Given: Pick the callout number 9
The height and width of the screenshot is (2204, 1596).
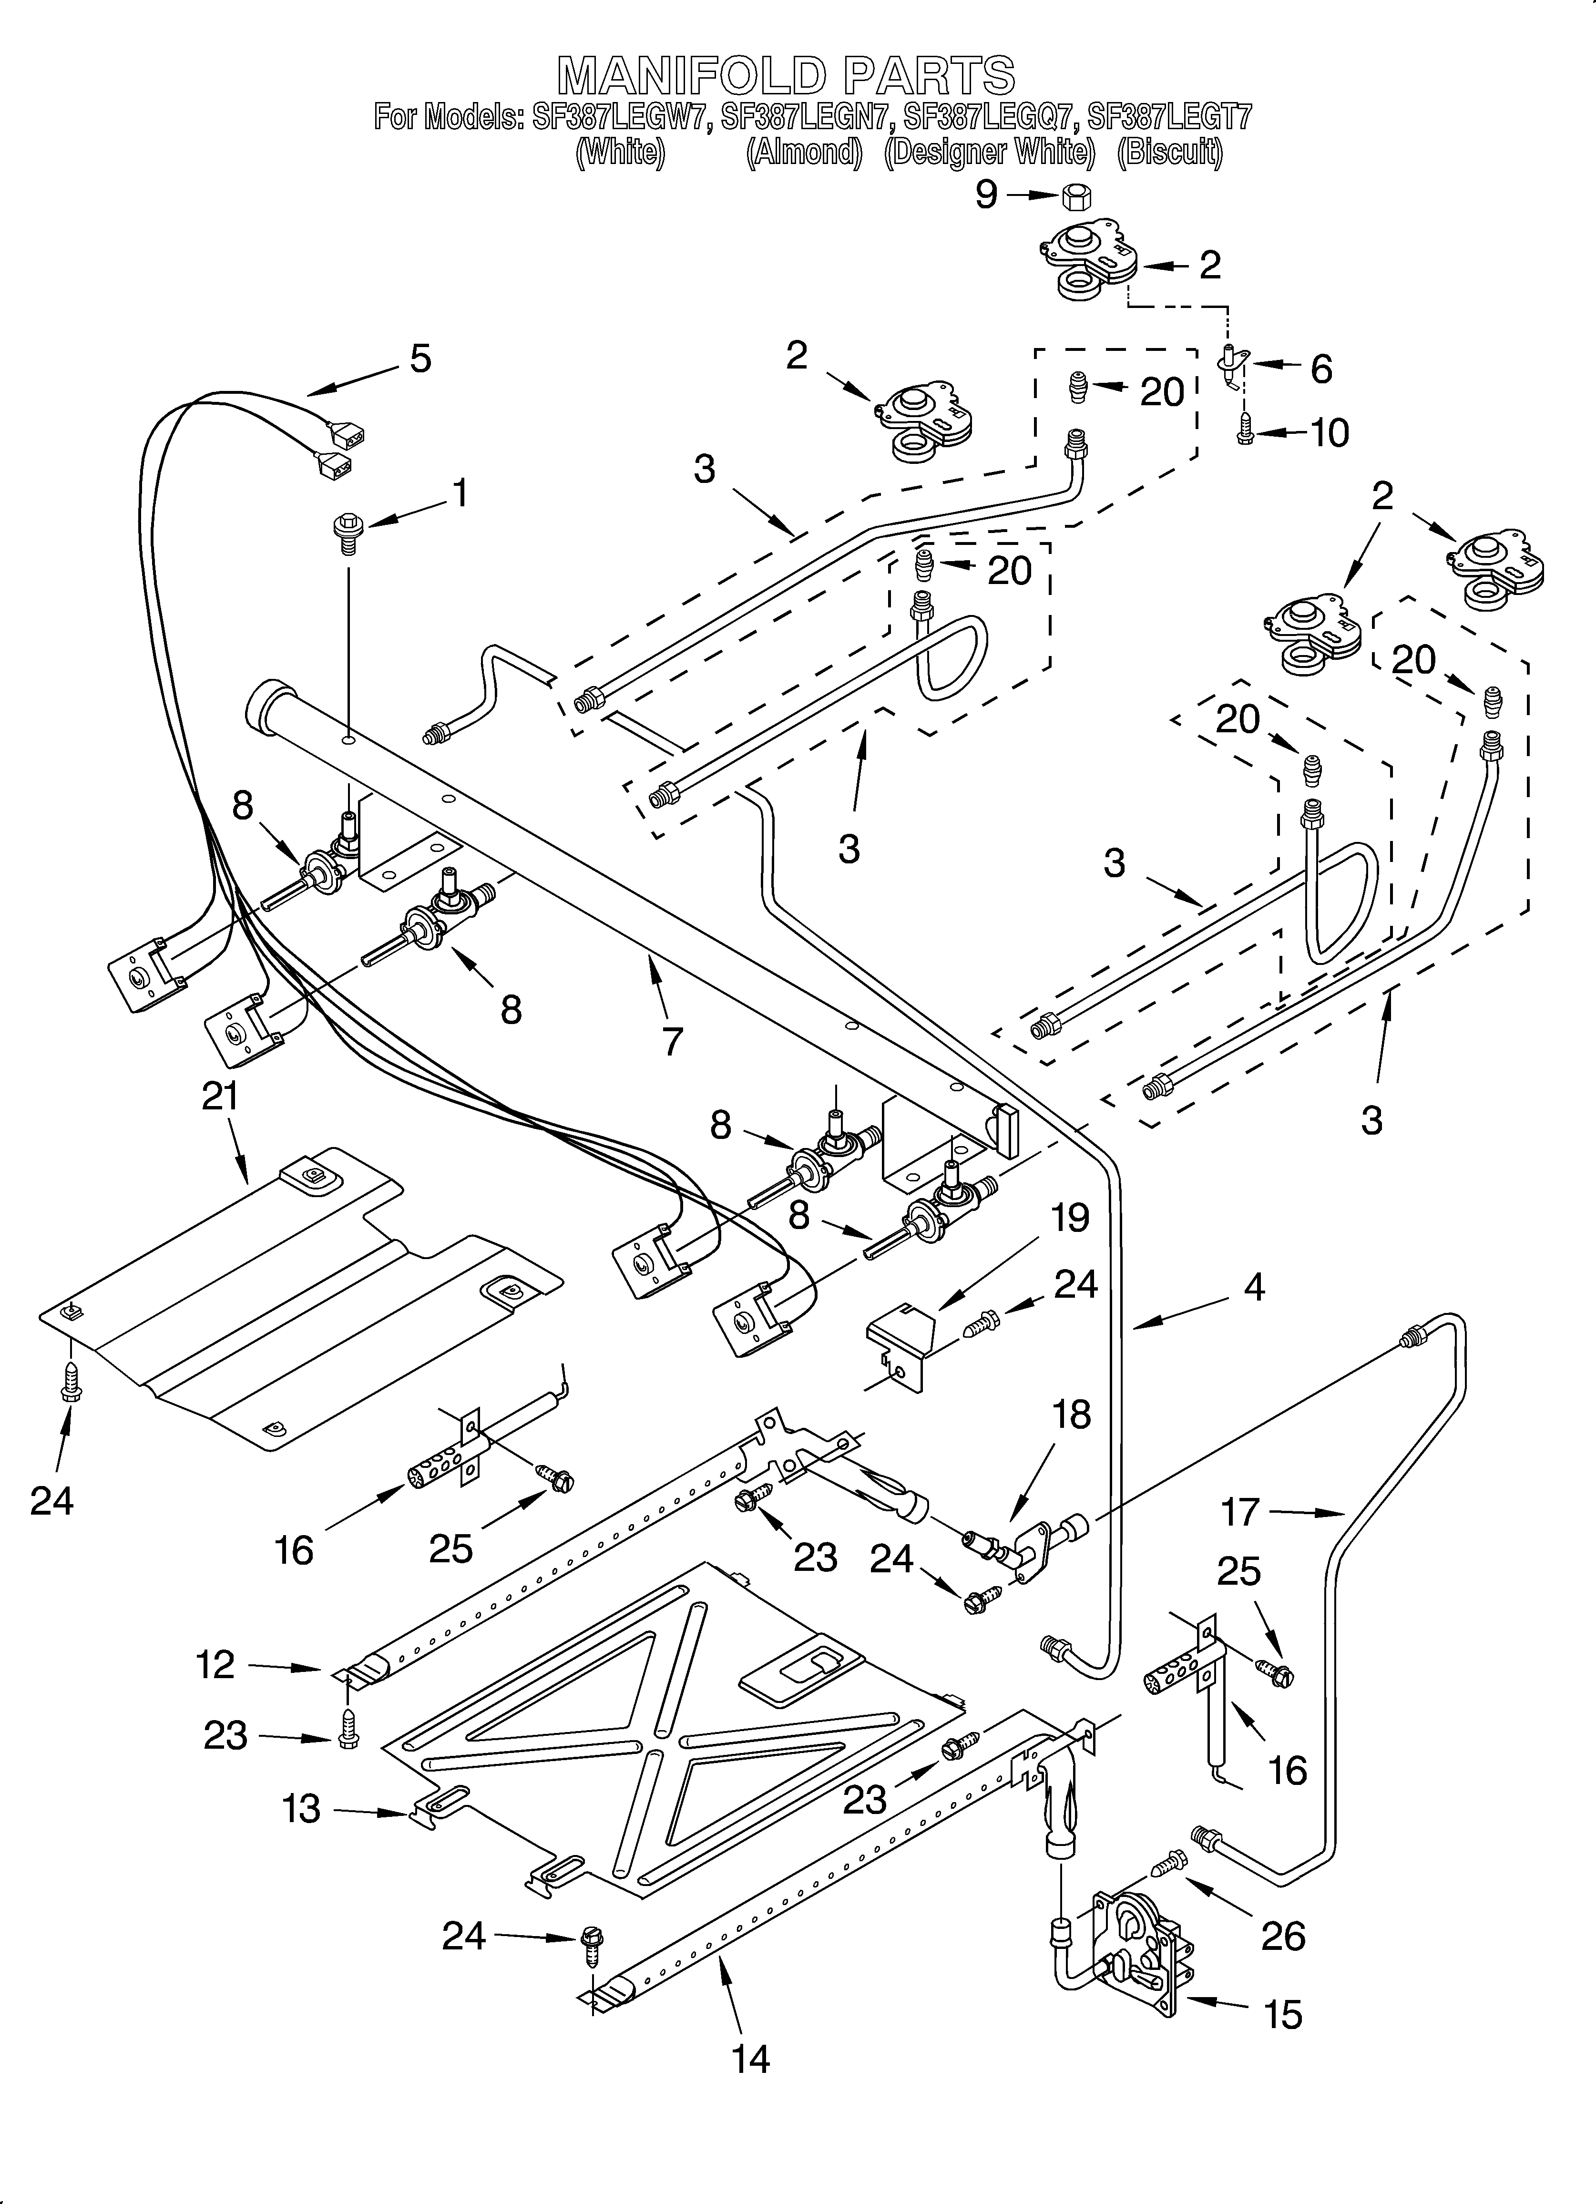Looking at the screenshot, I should coord(986,195).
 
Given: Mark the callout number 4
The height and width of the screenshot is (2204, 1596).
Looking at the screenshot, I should coord(1254,1288).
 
